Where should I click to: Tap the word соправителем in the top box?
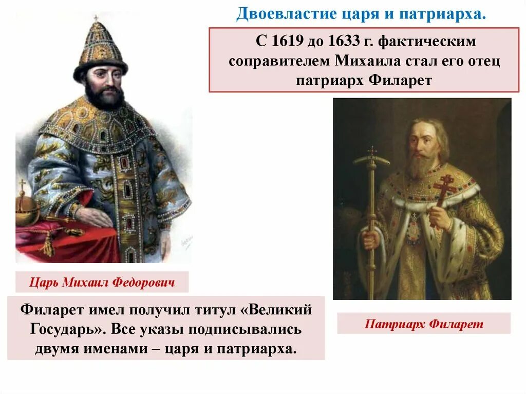click(x=280, y=61)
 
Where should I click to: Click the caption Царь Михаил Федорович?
click(x=102, y=282)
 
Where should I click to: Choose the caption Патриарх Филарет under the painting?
click(x=424, y=324)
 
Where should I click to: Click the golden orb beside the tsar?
click(x=27, y=208)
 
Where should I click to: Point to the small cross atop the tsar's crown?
click(x=96, y=18)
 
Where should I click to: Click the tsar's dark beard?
click(x=104, y=96)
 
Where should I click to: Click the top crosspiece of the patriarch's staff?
click(x=371, y=159)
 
